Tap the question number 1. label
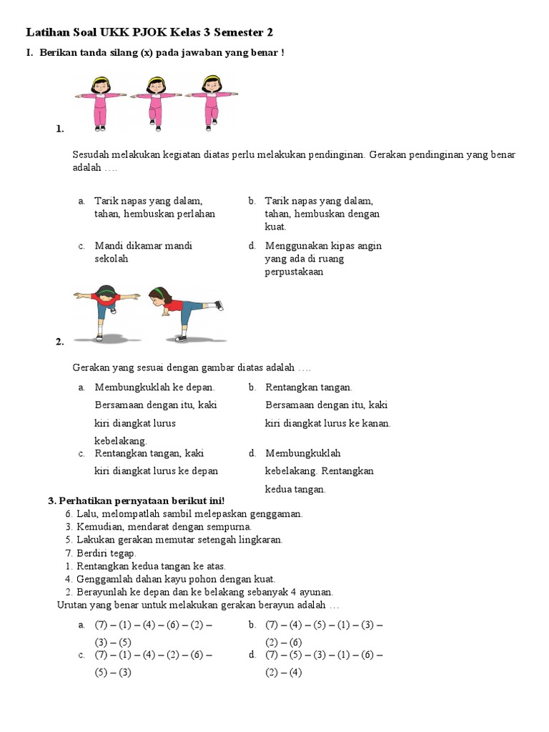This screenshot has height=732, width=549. click(59, 129)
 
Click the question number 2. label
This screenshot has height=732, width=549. click(59, 342)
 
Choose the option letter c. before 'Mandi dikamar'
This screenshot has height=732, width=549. click(82, 246)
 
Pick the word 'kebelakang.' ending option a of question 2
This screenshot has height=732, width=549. click(121, 440)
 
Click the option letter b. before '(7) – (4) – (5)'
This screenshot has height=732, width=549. click(252, 625)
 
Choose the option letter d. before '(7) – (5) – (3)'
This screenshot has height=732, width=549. click(252, 655)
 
